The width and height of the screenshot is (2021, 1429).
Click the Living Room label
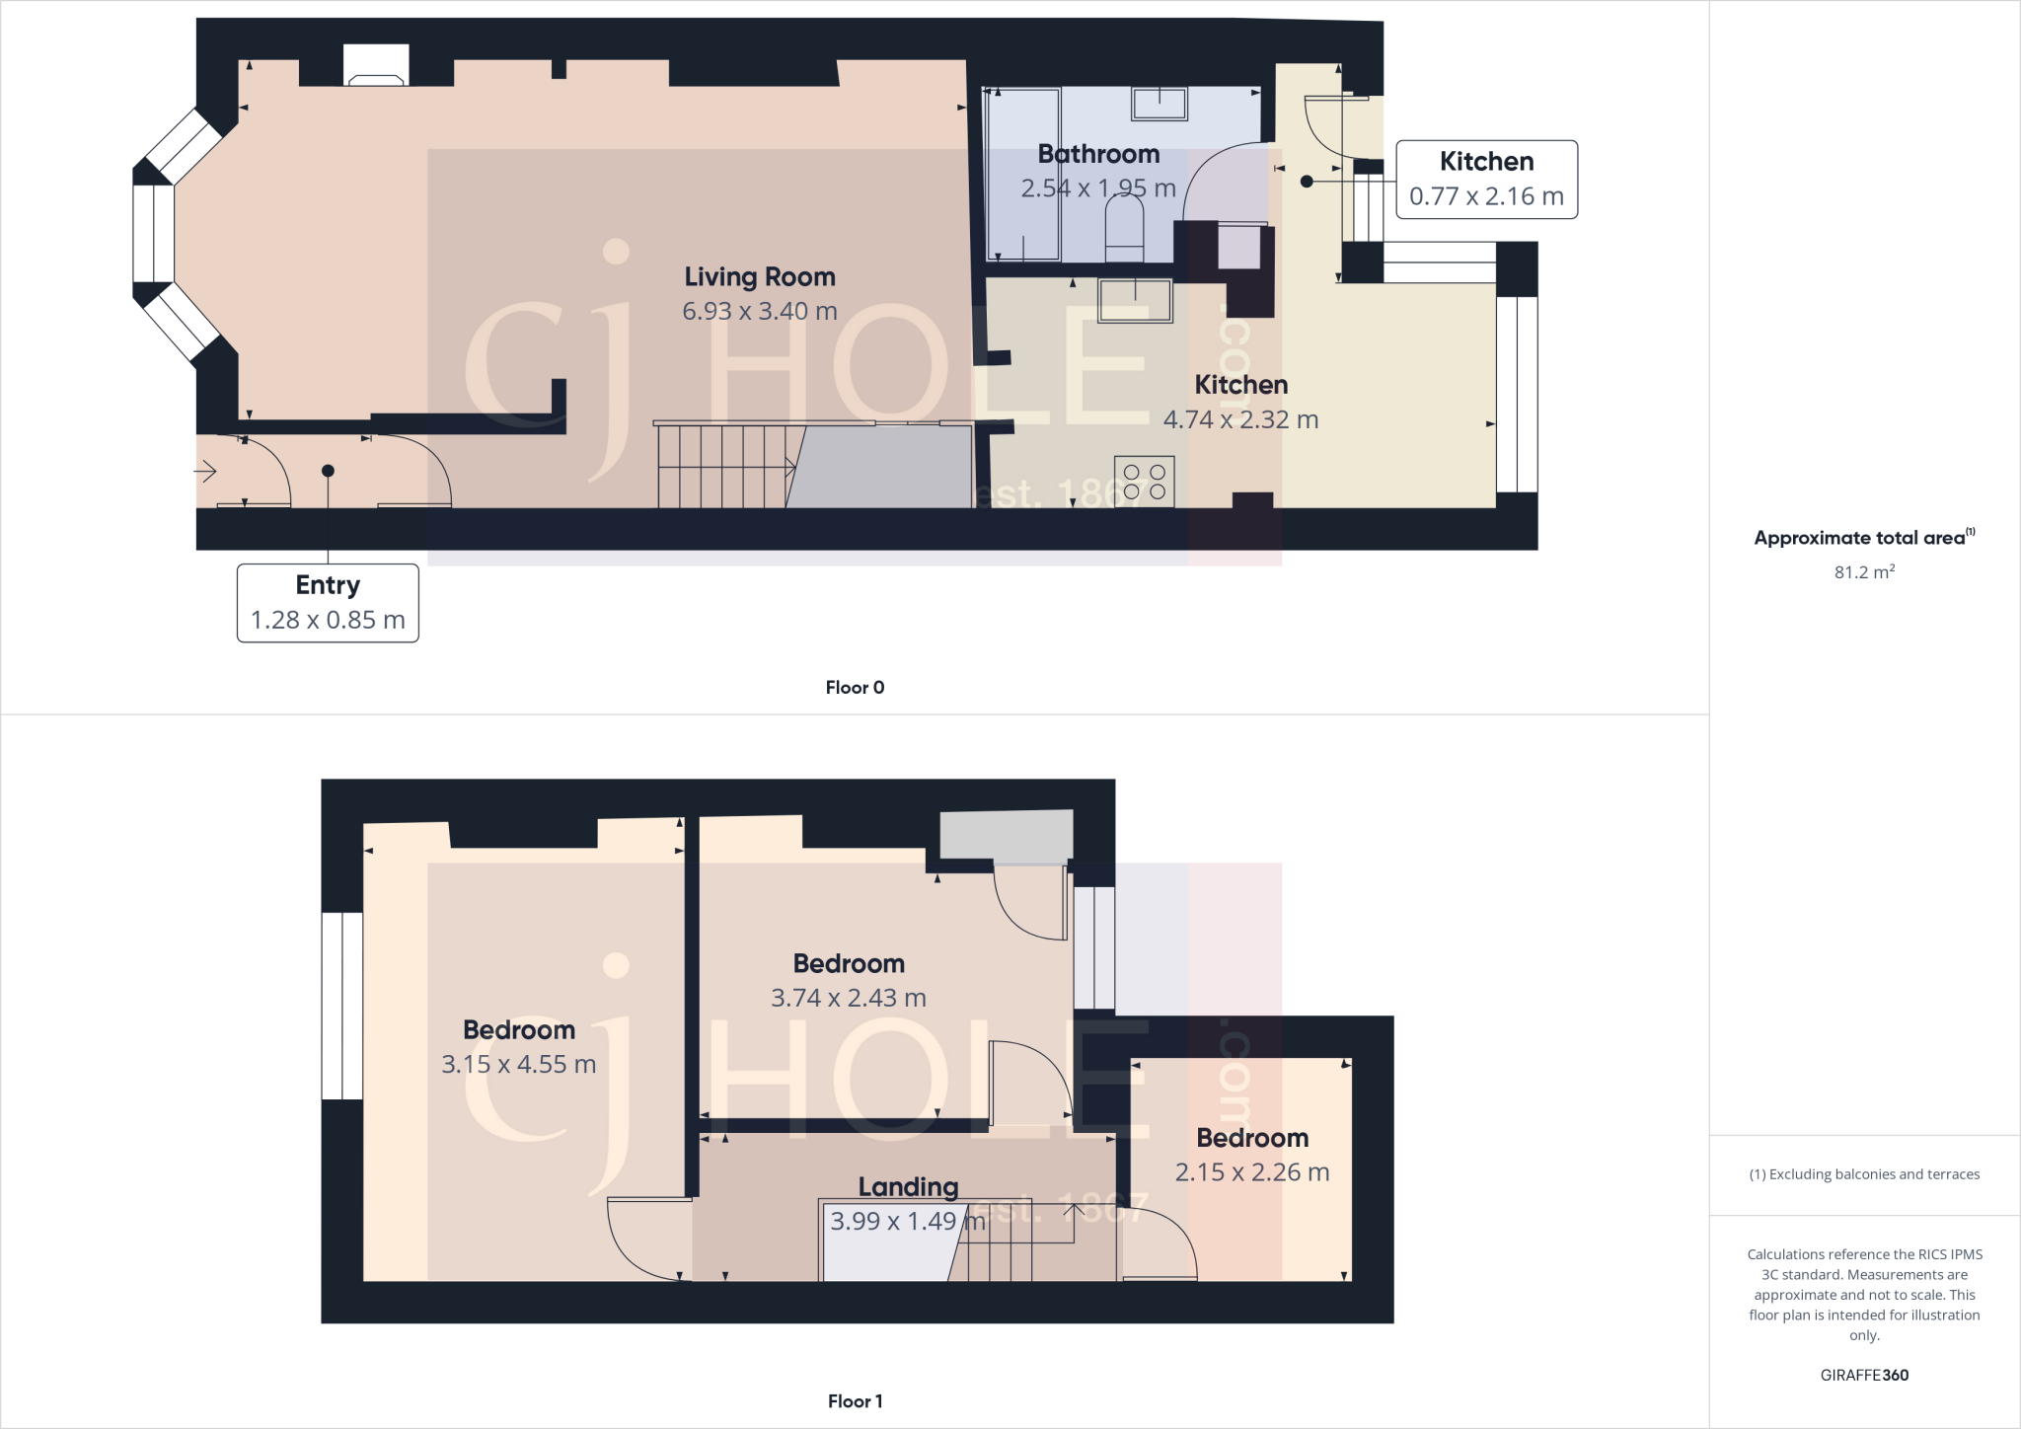759,277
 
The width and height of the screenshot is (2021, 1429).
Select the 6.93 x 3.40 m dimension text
759,311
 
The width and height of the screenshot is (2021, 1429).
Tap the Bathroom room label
1097,154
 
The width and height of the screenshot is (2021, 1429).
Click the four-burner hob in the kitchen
1144,481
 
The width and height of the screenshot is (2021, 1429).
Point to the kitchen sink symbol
1135,301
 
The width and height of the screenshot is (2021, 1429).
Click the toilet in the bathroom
1125,229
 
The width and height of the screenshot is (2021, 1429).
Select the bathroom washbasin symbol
1159,103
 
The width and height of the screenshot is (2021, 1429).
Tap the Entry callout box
328,602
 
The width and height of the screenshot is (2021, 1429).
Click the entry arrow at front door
205,473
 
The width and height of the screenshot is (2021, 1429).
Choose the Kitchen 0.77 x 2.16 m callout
1485,180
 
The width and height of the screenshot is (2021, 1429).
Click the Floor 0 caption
855,688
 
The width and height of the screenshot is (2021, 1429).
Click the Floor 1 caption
855,1401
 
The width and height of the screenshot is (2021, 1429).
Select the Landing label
907,1186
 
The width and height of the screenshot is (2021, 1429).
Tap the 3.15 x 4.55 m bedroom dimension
518,1065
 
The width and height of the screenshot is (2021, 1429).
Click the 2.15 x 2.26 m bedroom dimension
1251,1172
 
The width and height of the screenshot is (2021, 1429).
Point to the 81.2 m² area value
1863,572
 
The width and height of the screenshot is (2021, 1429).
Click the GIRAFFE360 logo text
1863,1375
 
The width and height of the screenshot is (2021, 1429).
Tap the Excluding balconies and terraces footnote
1863,1174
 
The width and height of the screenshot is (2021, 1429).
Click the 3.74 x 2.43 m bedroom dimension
848,998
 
